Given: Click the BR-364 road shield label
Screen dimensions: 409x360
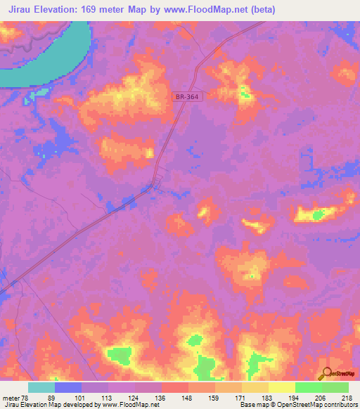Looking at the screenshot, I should tap(188, 96).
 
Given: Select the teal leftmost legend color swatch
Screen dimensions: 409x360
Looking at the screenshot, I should tap(41, 387).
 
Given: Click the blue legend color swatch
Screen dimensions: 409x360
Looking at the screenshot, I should tap(68, 387).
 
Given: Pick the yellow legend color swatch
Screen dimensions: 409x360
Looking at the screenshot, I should tap(282, 387).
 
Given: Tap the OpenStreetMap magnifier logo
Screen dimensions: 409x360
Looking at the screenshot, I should tap(326, 373).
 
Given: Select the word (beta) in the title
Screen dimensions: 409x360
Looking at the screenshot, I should tap(259, 10).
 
